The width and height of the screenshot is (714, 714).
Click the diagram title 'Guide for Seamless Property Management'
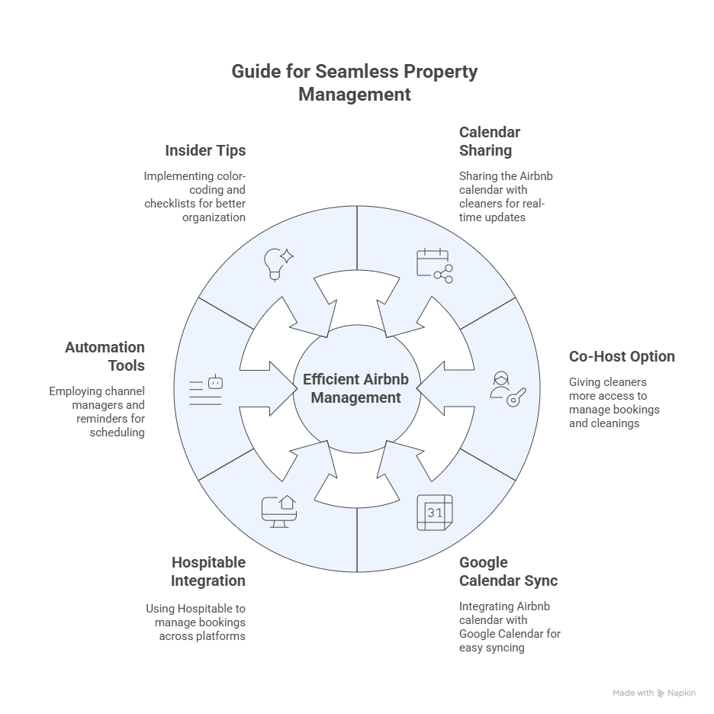(x=355, y=83)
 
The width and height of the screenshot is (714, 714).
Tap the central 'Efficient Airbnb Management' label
(x=356, y=388)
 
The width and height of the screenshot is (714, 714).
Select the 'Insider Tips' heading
(x=205, y=150)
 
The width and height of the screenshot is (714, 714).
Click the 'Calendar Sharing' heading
(x=490, y=141)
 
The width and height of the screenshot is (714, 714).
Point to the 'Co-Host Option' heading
(x=622, y=356)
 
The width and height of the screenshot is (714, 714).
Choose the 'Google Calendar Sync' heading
(x=508, y=571)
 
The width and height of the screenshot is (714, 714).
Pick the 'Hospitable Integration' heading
(x=208, y=571)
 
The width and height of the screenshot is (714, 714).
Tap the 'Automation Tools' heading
(x=105, y=356)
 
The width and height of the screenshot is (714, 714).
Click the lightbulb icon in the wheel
(x=278, y=265)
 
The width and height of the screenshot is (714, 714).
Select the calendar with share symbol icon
(x=435, y=266)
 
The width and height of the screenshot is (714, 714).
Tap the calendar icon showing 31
(x=435, y=513)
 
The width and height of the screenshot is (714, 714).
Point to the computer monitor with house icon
(x=279, y=512)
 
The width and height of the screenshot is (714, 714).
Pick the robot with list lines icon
(x=206, y=390)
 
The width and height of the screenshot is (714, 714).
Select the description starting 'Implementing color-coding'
(x=195, y=197)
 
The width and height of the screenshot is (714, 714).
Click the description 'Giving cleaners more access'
(x=614, y=403)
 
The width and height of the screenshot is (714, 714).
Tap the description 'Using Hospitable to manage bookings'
(x=196, y=622)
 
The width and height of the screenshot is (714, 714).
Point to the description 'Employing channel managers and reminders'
(x=97, y=412)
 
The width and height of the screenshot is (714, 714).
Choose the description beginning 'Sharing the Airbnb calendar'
(x=506, y=197)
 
